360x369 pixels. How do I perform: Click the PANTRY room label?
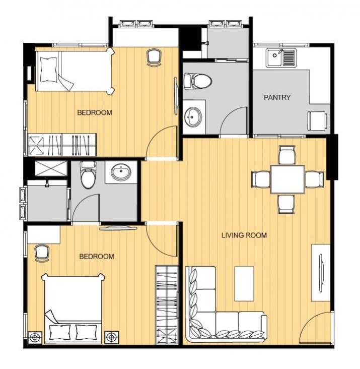pos(277,97)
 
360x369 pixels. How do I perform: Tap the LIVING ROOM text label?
pos(244,235)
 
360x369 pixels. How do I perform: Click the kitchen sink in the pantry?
pos(281,57)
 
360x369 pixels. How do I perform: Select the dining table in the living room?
pos(287,179)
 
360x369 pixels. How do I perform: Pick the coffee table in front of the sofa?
pos(244,284)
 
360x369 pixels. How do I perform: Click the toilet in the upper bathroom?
pos(198,81)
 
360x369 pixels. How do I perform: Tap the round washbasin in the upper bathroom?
pos(193,117)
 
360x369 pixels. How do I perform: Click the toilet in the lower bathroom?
pos(88,174)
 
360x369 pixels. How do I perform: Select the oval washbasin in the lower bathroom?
pos(121,172)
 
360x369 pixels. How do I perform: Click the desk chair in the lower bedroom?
pos(42,253)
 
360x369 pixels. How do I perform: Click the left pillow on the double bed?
pos(60,332)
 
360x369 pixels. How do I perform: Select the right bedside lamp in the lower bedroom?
pos(112,338)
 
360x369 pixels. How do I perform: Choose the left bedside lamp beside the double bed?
pos(35,338)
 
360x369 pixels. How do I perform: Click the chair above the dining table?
pos(287,155)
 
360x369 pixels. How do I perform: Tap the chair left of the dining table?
pos(261,179)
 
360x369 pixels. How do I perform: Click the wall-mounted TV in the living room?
pos(321,273)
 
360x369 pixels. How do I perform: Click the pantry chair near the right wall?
pos(318,120)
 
